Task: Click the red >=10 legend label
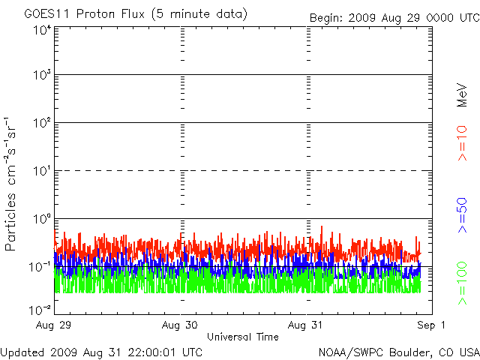(462, 142)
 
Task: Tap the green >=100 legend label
(462, 282)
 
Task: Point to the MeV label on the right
(462, 94)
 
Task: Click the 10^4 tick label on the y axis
(41, 30)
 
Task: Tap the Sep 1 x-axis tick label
(432, 325)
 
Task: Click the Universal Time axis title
(243, 337)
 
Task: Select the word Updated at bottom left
(22, 351)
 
